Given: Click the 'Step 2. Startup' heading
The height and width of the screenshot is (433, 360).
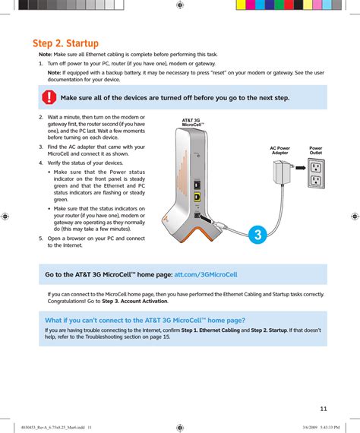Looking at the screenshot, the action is tap(66, 43).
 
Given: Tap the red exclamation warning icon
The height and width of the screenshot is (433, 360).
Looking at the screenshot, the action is tap(49, 97).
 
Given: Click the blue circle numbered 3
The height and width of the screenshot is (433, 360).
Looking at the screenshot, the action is tap(257, 235).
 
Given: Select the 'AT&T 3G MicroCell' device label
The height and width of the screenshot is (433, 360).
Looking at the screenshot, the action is tap(193, 122).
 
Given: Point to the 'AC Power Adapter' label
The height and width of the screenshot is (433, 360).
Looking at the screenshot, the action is tap(279, 150).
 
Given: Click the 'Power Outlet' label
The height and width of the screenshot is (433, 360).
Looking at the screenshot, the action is tap(315, 150).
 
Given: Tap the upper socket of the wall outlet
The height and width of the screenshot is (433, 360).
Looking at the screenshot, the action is tap(316, 167).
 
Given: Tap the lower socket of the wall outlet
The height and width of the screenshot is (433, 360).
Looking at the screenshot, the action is tap(316, 180).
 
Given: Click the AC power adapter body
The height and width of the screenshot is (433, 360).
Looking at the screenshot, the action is tap(281, 172).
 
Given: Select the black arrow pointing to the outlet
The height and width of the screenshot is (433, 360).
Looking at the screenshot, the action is tap(301, 168).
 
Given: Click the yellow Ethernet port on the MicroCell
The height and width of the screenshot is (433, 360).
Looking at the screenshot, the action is tap(197, 197).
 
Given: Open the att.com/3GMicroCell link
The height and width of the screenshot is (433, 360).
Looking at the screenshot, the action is tap(206, 274).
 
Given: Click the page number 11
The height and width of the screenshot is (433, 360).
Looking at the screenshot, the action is tap(324, 409).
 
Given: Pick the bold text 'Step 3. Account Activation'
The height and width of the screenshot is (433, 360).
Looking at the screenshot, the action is tap(134, 301).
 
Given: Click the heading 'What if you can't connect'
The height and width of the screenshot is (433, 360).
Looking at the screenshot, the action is tap(145, 321).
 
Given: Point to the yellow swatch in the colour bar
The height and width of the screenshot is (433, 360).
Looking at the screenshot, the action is tap(241, 5).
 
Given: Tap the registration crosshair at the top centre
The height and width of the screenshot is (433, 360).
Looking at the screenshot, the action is tap(180, 5).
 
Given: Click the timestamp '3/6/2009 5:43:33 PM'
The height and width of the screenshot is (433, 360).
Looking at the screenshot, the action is tap(321, 428).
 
